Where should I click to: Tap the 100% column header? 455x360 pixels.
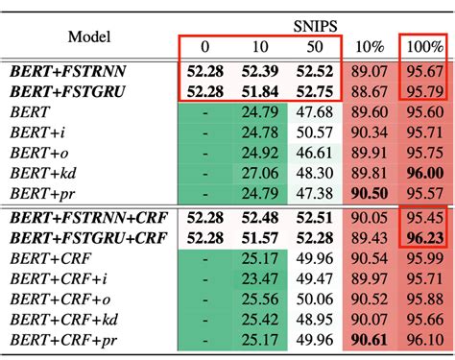point(422,46)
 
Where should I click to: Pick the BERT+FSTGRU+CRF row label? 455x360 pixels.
point(85,237)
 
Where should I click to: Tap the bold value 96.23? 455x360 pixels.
point(422,237)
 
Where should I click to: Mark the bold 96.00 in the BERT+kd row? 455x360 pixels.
point(422,173)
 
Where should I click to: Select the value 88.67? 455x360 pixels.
point(368,92)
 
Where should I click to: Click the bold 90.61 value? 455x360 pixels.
point(368,339)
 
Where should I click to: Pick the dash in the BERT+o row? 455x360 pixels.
point(204,153)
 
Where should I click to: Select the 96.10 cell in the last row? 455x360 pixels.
point(422,339)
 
